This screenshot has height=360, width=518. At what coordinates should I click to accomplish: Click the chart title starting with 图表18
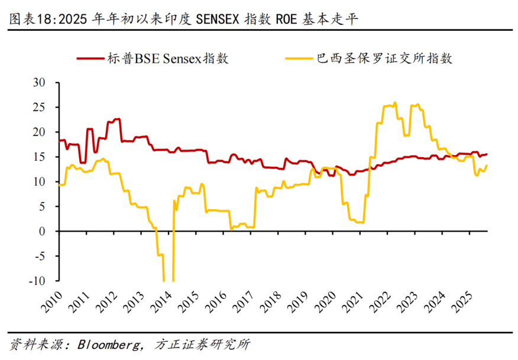(184, 19)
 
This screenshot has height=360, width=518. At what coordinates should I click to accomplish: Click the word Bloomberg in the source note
(109, 344)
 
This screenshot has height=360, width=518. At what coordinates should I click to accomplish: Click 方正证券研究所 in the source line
(201, 344)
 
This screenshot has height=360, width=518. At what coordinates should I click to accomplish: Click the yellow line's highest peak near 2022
(395, 103)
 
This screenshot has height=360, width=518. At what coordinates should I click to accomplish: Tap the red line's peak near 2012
(118, 119)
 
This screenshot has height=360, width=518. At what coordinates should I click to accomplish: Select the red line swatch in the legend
(91, 59)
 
